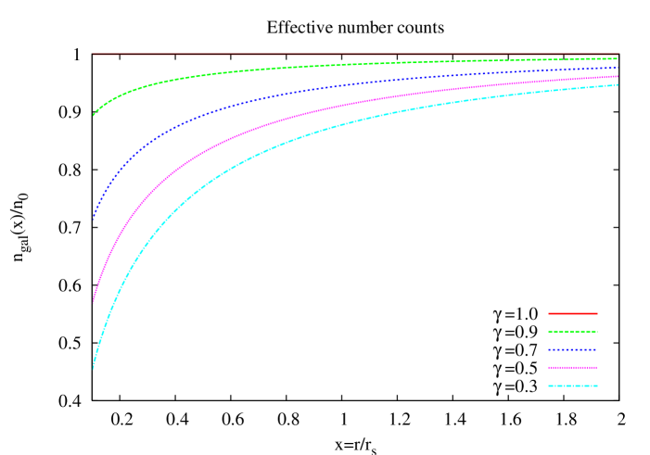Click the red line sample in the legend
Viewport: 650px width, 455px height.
(x=572, y=313)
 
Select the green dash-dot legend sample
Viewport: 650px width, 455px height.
(x=572, y=331)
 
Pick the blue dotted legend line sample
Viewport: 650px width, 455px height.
(x=572, y=349)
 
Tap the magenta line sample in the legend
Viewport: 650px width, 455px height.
(x=572, y=367)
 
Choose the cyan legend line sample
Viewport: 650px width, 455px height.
(x=572, y=385)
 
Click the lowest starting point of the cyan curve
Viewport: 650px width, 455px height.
(x=93, y=369)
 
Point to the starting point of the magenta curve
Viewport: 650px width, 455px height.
(x=94, y=301)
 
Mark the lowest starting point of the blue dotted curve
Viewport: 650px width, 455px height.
(x=94, y=220)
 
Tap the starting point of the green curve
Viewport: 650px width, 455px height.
(x=94, y=115)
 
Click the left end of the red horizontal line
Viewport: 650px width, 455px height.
(x=94, y=55)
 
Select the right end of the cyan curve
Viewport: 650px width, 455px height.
(x=618, y=85)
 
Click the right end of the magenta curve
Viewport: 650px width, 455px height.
(x=618, y=76)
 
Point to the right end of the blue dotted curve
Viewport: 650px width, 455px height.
(x=618, y=68)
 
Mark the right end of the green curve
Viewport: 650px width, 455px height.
(x=618, y=58)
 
